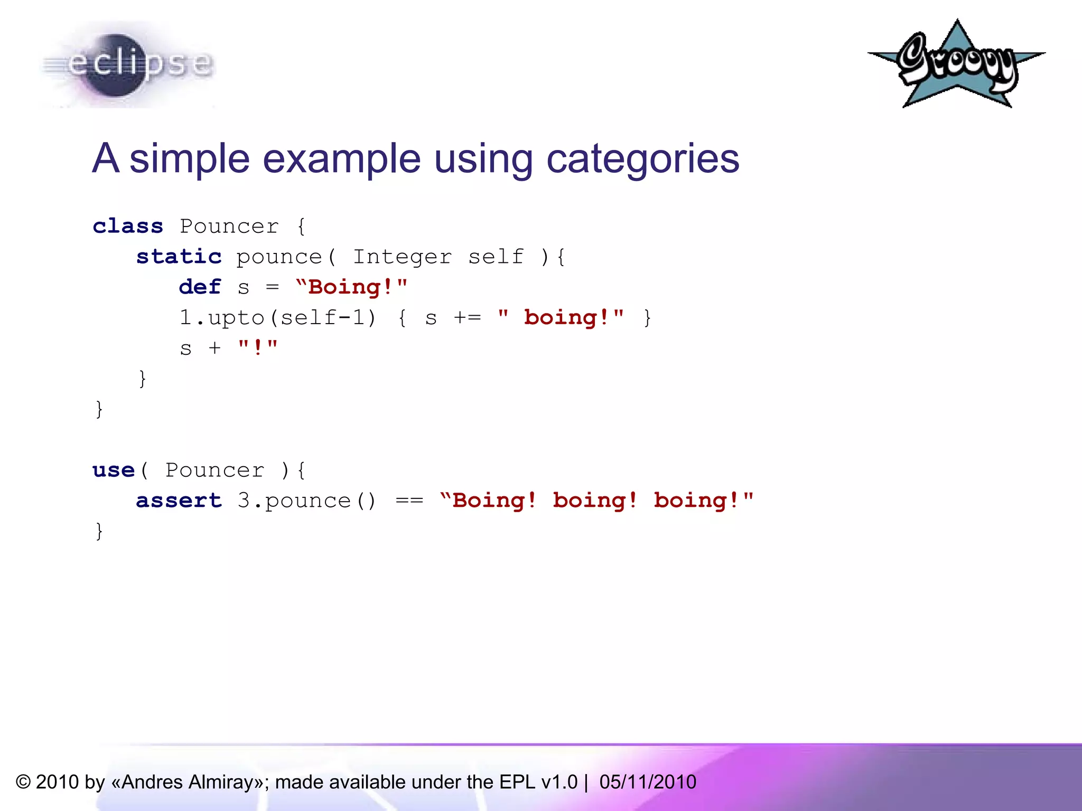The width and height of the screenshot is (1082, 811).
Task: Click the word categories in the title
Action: pos(642,158)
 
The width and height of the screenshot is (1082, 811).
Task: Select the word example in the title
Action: pos(341,158)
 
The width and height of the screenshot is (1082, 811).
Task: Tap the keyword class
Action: pos(128,226)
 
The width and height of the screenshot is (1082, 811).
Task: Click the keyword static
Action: pos(179,257)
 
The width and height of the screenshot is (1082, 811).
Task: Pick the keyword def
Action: pos(200,287)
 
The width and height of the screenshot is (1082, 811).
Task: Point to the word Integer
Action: pos(402,257)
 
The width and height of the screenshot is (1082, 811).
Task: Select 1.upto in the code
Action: pos(221,318)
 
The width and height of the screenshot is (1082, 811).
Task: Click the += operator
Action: pos(468,318)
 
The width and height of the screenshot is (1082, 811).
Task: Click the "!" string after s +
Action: pos(257,347)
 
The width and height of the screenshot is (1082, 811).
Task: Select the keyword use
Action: pos(114,470)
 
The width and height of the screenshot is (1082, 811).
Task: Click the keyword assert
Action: pos(179,501)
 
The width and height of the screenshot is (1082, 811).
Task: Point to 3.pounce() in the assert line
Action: pos(306,501)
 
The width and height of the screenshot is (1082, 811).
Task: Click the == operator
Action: pos(409,501)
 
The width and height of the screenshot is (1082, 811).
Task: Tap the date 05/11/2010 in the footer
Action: pos(648,782)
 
